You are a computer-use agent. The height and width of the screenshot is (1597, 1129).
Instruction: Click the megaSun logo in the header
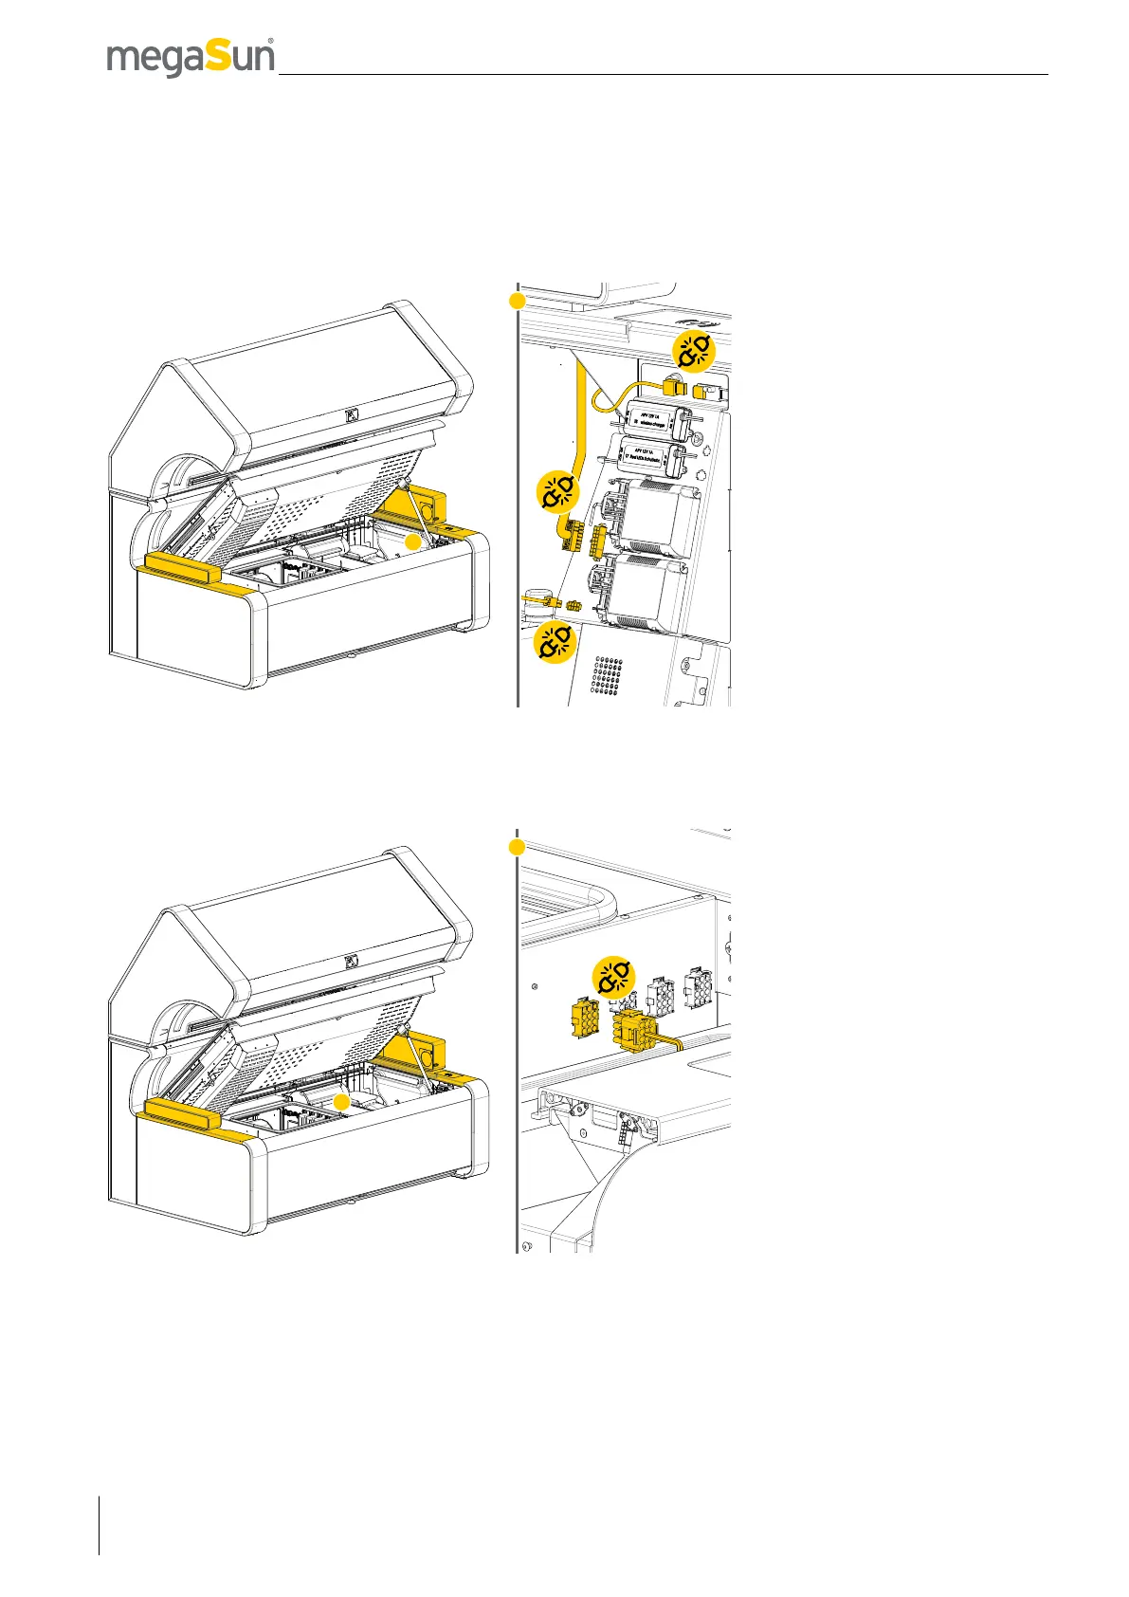[x=191, y=58]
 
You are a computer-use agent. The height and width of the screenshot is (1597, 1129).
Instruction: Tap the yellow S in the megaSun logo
[x=217, y=58]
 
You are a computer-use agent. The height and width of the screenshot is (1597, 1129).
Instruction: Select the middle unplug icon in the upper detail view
[x=557, y=490]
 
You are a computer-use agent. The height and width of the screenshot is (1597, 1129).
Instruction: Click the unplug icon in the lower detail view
[x=614, y=977]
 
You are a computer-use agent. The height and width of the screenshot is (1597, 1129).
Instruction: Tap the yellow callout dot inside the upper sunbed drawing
[x=411, y=542]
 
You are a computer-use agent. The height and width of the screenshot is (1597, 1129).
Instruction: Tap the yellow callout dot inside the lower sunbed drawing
[x=342, y=1101]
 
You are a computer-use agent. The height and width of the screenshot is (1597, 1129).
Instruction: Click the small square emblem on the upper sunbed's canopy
[x=352, y=414]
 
